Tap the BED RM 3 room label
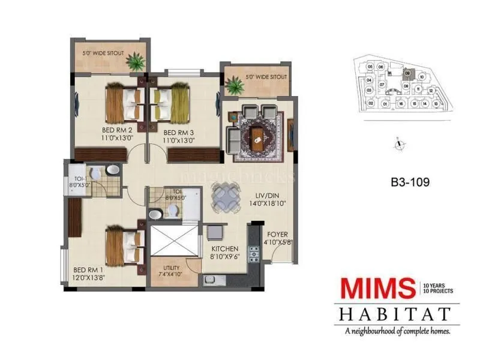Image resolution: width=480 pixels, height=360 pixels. click(178, 133)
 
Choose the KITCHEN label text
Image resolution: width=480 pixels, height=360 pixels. click(224, 248)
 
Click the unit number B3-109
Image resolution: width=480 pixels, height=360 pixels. click(409, 180)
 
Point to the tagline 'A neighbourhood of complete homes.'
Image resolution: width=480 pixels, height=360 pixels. click(397, 330)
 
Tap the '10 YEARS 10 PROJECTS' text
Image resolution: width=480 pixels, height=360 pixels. click(438, 287)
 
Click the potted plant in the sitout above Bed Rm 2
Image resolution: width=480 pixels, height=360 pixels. click(136, 61)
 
